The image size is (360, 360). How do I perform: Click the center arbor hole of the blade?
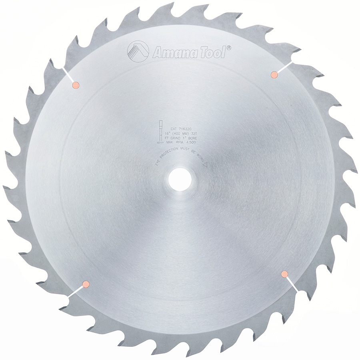[x=180, y=180]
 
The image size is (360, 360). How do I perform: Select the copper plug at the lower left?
[x=85, y=284]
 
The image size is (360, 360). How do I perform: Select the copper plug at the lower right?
[x=285, y=274]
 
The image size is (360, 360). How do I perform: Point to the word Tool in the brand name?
[x=212, y=52]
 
